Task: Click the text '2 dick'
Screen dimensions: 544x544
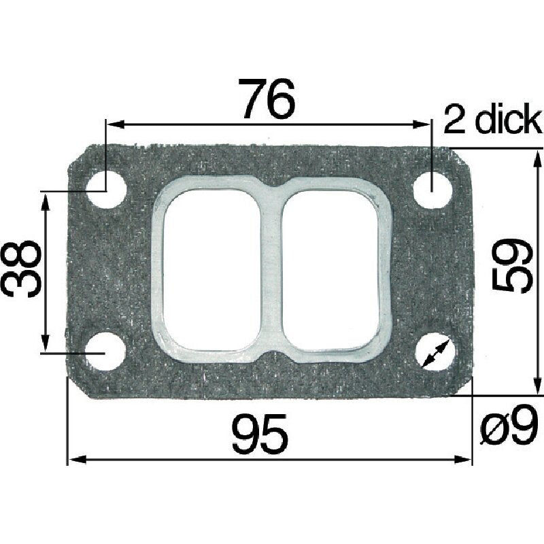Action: click(492, 121)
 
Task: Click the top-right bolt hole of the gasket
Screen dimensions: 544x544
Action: click(433, 183)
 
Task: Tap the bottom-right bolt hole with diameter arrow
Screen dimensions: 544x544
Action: click(435, 352)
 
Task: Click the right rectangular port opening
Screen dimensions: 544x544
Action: click(333, 270)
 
